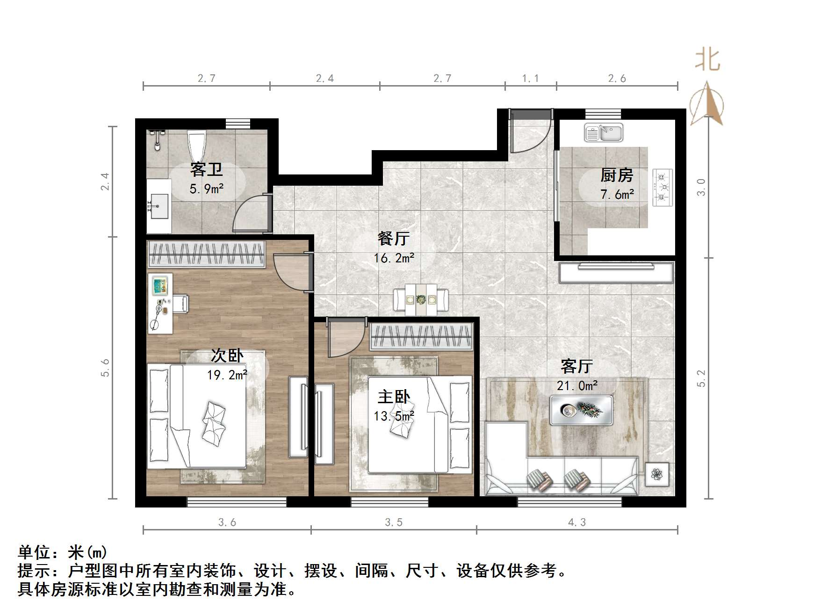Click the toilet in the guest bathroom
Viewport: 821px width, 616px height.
196,144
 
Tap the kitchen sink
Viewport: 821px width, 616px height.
604,133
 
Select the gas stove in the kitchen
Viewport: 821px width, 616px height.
662,188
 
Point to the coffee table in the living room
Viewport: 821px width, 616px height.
581,410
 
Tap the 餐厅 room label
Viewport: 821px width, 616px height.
394,239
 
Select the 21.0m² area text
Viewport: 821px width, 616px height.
577,386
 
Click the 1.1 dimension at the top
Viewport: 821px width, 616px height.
530,79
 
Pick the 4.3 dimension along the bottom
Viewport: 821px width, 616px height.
577,522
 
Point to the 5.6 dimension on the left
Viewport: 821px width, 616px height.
106,368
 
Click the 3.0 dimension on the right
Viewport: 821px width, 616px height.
701,187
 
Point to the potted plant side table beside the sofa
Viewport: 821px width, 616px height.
657,475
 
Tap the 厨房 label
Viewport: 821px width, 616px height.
617,175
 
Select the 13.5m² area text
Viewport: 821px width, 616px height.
394,416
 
